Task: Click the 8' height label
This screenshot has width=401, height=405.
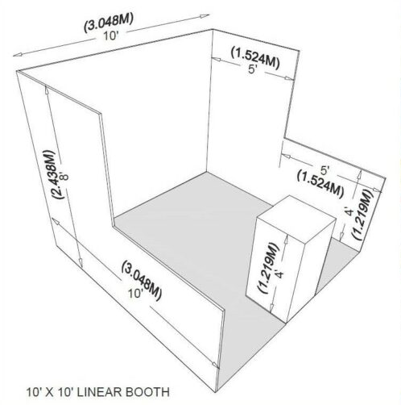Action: [65, 176]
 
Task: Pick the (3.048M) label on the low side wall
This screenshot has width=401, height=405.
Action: [142, 280]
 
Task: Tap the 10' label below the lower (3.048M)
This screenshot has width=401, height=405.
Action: [135, 294]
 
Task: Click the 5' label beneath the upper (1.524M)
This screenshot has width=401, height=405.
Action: [253, 69]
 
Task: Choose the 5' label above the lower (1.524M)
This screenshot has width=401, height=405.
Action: [325, 170]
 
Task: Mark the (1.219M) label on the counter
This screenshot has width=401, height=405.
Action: [267, 268]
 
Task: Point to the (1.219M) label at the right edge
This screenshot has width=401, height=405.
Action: [363, 214]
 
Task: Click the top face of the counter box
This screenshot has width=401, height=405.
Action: [296, 217]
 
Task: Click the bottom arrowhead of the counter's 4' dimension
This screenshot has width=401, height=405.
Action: [271, 309]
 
